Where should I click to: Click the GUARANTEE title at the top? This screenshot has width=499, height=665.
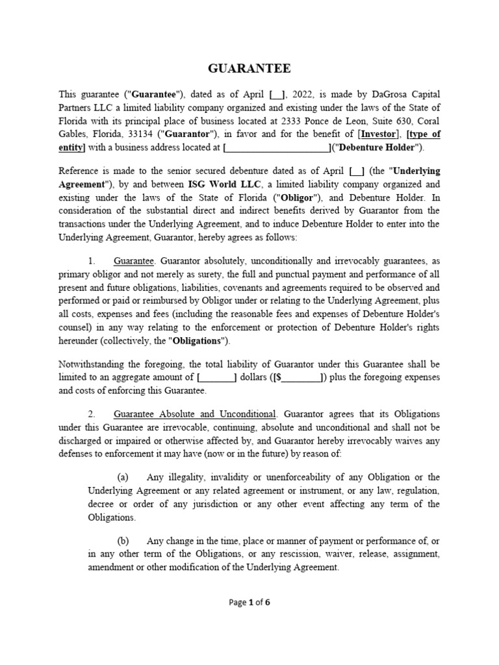pos(249,68)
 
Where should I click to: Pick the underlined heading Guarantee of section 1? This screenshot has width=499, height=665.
pos(134,260)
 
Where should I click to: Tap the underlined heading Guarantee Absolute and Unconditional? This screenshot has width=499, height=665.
pos(195,414)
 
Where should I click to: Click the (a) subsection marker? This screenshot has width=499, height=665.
pos(123,477)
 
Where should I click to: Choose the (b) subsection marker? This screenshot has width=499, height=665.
pos(123,540)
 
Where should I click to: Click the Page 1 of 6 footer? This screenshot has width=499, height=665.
pos(249,602)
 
